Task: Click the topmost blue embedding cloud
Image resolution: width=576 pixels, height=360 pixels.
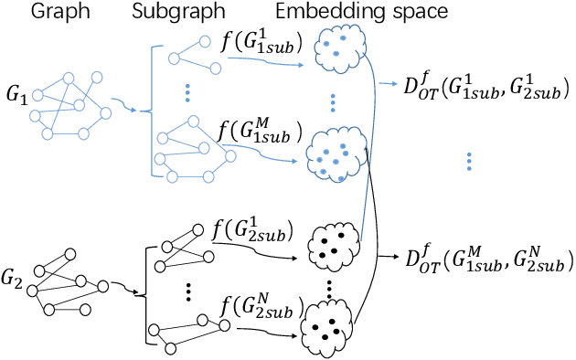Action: (x=336, y=48)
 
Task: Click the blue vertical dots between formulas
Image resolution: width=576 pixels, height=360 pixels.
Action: (x=468, y=162)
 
